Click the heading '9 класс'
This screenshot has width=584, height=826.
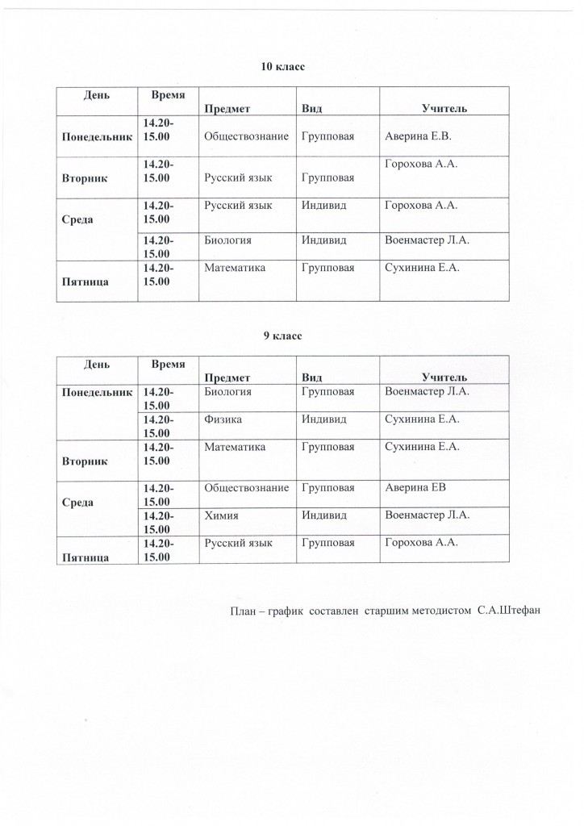point(282,336)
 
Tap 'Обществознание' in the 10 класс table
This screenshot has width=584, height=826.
point(247,136)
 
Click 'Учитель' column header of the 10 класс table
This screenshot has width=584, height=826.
point(444,108)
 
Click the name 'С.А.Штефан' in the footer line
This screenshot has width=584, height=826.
point(507,609)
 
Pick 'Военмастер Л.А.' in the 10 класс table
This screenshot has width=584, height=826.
point(428,240)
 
